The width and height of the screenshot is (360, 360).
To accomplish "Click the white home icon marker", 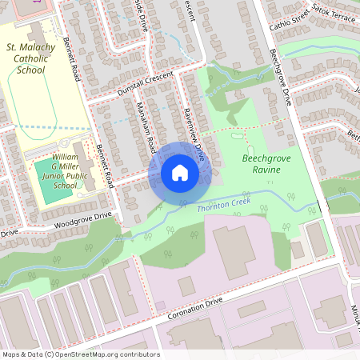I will point(180,173).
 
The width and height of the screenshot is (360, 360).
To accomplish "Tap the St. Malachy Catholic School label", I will point(30,59).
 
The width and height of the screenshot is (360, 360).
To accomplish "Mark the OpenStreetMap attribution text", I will point(80,354).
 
